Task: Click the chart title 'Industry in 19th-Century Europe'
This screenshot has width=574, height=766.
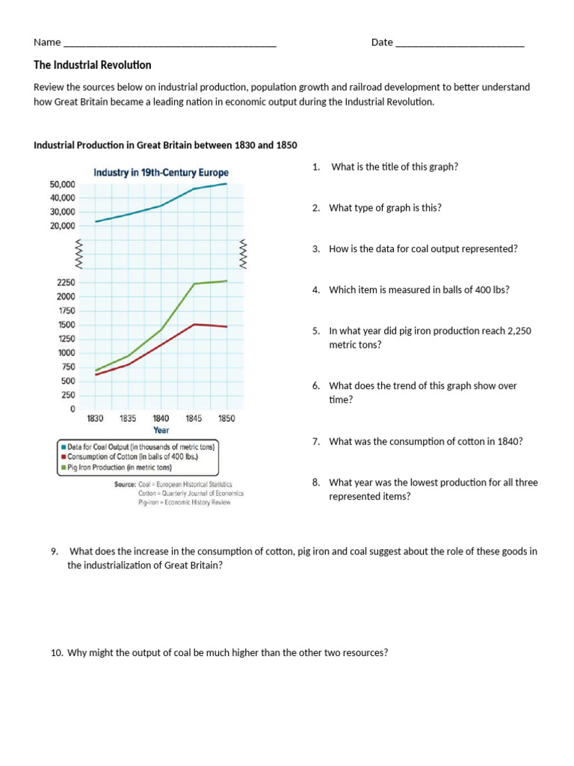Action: pos(161,173)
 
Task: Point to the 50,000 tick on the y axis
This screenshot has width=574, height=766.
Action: pos(62,184)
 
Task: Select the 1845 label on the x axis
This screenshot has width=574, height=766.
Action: pos(194,418)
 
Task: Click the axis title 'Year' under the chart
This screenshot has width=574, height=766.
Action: pos(161,430)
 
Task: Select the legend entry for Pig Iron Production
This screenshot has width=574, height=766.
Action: pos(119,467)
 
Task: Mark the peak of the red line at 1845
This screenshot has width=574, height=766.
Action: pos(194,325)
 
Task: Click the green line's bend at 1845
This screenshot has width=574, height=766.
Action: pos(194,284)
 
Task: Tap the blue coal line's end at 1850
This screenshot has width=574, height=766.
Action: pos(226,183)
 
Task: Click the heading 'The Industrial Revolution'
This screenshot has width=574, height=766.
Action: pos(93,65)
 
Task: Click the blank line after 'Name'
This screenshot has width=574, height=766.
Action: pos(170,43)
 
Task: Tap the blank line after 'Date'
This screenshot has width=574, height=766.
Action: pos(459,43)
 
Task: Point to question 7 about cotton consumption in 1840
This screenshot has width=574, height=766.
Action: pos(425,441)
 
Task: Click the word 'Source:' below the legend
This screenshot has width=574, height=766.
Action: pos(125,484)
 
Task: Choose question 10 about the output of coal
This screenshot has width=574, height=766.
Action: pos(227,652)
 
